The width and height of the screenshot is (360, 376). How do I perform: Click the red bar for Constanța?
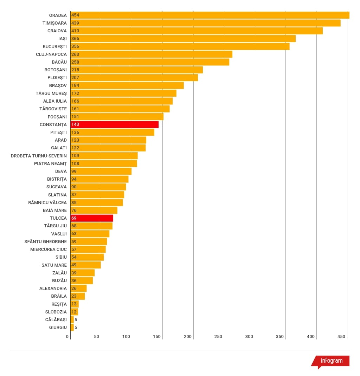pos(114,124)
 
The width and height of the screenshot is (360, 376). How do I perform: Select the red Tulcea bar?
pos(92,218)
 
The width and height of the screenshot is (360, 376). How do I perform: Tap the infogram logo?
pos(330,362)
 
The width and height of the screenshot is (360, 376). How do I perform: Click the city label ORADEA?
pos(58,15)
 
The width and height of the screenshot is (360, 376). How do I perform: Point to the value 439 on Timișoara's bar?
pos(75,23)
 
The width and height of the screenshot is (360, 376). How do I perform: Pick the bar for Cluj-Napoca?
pos(151,54)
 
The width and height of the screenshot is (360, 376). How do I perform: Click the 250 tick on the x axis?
pos(218,337)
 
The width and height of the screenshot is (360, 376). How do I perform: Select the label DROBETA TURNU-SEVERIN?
pos(39,156)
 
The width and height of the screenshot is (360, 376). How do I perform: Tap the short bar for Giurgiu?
pos(72,327)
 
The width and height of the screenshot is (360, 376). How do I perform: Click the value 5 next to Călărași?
pos(76,320)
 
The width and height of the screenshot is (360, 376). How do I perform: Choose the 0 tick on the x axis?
pos(67,337)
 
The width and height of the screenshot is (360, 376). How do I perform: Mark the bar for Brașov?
pos(127,85)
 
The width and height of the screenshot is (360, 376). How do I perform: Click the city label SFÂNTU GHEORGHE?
pos(46,242)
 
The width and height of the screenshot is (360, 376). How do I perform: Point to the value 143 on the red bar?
pos(75,124)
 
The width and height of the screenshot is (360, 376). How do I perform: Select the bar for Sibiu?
pos(87,257)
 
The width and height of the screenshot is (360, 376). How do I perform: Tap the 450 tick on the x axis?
pos(341,337)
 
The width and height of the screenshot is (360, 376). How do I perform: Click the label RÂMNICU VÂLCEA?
pos(47,203)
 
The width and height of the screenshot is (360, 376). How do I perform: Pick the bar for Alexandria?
pos(78,289)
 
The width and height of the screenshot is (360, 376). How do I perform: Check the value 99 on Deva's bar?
pos(74,171)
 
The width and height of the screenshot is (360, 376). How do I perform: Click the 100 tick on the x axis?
pos(126,337)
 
